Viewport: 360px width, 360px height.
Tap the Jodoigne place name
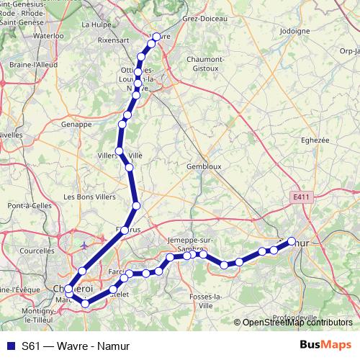(x=294, y=32)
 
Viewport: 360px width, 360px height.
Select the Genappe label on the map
(x=77, y=124)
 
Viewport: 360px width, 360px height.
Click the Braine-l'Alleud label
(x=35, y=65)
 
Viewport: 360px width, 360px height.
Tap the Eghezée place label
(x=314, y=141)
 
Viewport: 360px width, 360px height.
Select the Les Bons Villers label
(x=89, y=197)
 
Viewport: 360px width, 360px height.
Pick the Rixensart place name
(x=113, y=41)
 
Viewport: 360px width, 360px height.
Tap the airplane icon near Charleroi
(x=85, y=246)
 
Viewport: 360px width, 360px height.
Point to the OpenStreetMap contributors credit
(x=297, y=323)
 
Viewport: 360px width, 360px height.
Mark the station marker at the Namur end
(x=292, y=241)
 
